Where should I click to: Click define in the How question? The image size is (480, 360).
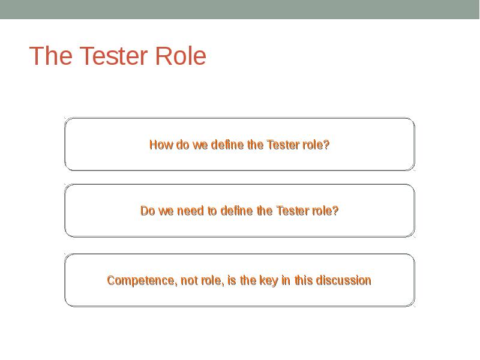[229, 145]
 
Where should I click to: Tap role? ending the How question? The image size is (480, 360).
[316, 145]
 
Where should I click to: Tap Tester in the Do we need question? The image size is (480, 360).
[292, 211]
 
